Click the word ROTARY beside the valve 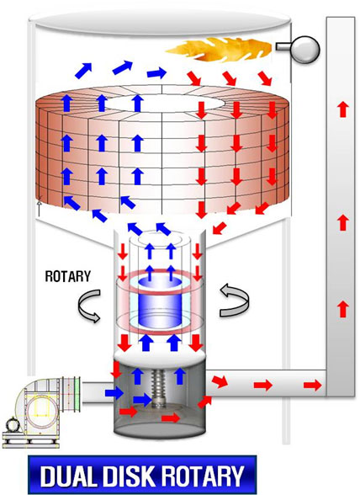(68, 276)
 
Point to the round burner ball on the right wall (305, 49)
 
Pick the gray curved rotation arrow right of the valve (234, 300)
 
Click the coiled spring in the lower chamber (156, 389)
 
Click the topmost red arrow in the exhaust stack (343, 109)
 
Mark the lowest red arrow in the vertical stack (343, 309)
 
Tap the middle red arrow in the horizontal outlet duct (263, 385)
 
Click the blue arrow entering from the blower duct (114, 393)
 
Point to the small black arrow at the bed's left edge (40, 208)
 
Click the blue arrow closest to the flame (156, 73)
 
